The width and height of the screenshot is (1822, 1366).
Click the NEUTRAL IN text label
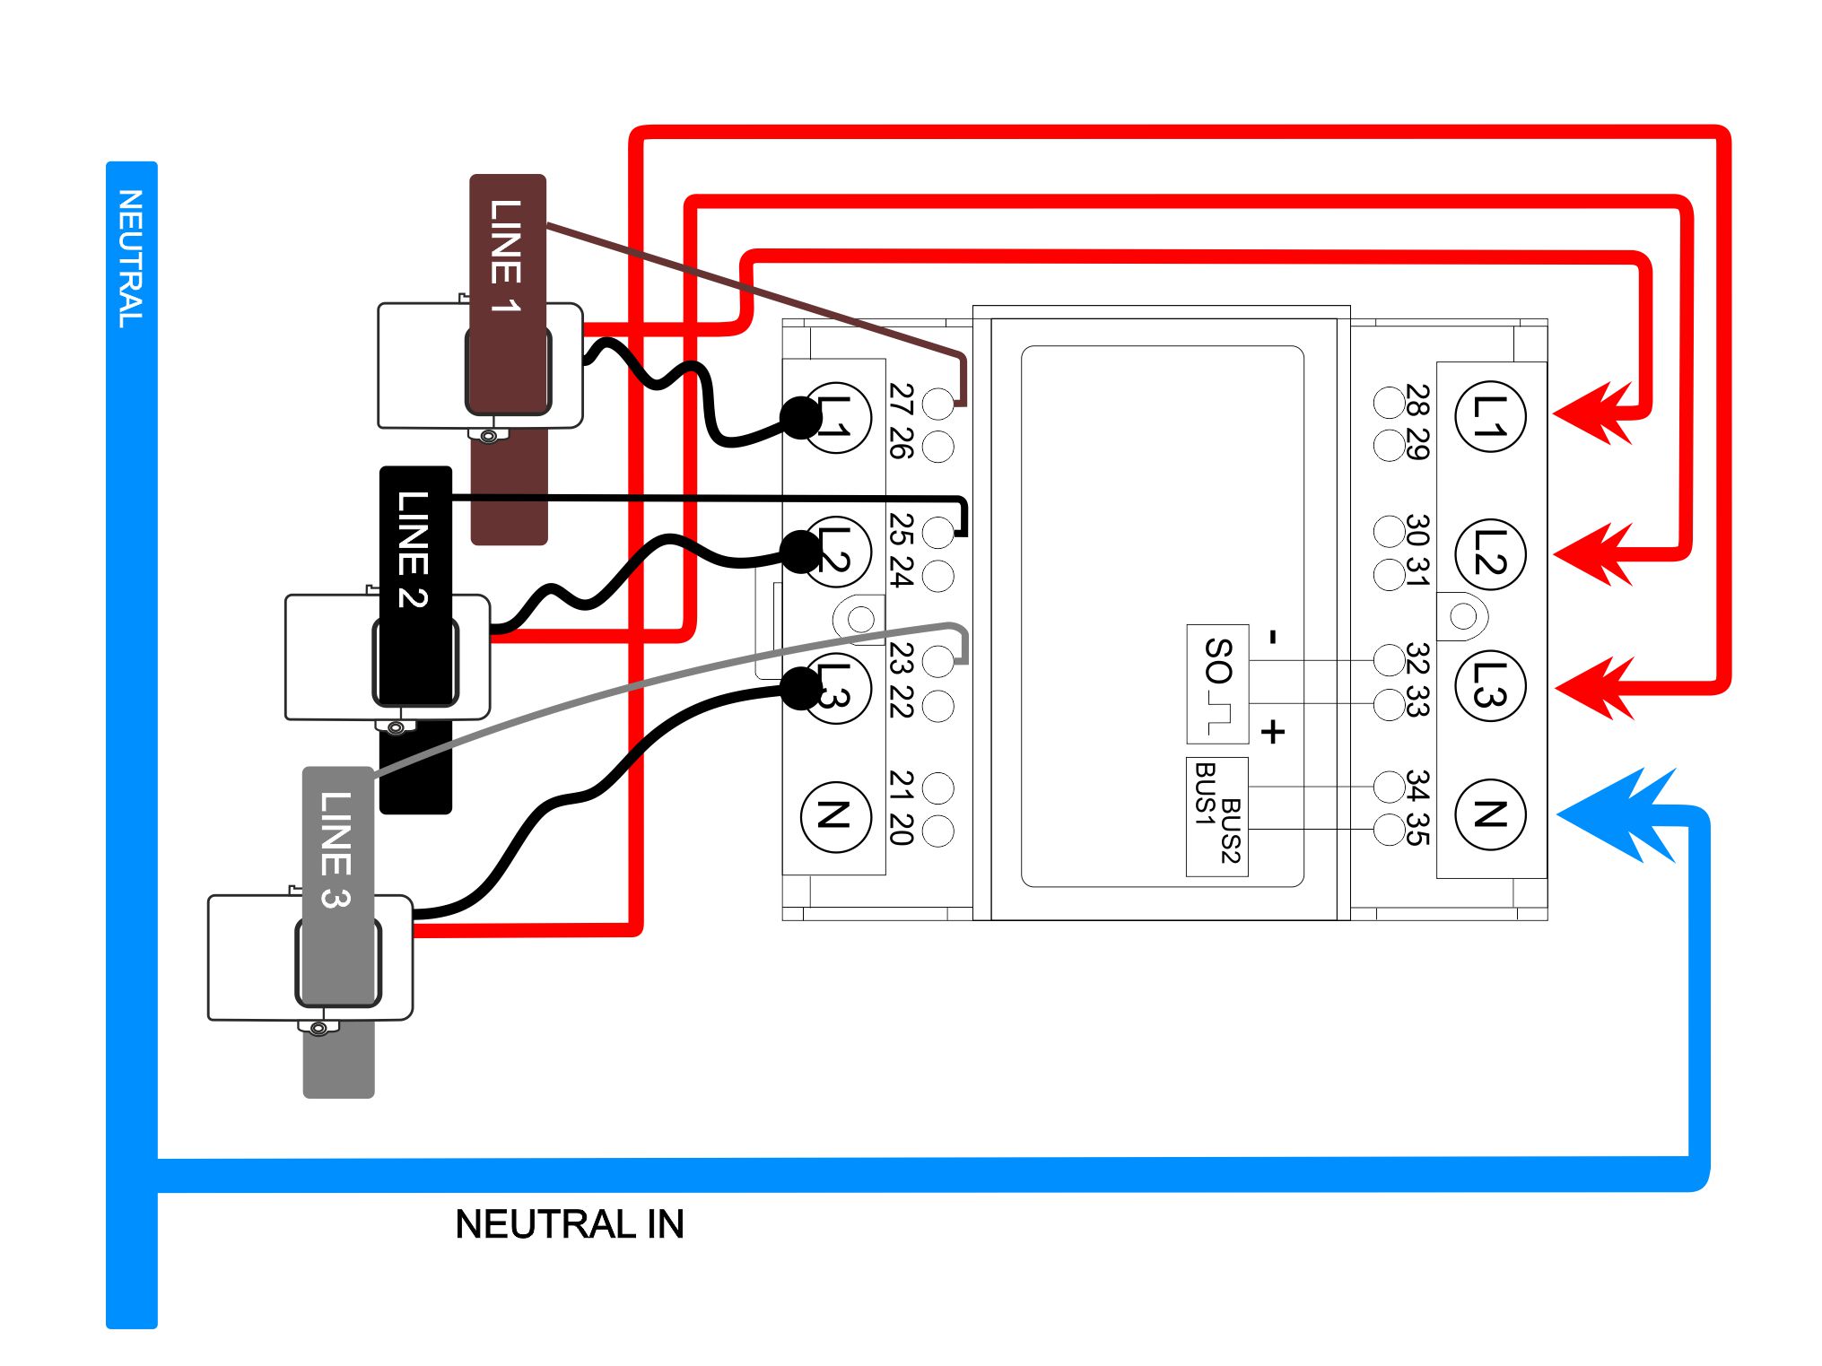(569, 1224)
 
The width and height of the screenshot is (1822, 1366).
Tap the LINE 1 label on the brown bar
(506, 256)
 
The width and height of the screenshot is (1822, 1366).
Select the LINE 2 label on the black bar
(414, 549)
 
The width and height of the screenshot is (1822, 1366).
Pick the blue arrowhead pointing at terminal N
(1615, 814)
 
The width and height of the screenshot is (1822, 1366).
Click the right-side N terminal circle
(1490, 814)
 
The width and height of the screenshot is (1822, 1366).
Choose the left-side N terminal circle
(835, 815)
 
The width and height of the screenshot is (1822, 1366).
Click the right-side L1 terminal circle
(1490, 417)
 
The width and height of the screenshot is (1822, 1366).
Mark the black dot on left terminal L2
(801, 551)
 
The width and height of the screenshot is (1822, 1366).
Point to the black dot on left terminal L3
(801, 688)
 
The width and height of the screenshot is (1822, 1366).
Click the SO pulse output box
(1217, 683)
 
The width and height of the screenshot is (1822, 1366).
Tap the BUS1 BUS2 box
(1217, 817)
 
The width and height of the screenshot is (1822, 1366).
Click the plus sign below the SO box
(1273, 732)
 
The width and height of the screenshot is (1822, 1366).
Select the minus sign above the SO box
(1272, 638)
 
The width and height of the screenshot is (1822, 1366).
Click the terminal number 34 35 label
(1418, 807)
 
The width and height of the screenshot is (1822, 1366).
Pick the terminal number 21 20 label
(901, 807)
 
